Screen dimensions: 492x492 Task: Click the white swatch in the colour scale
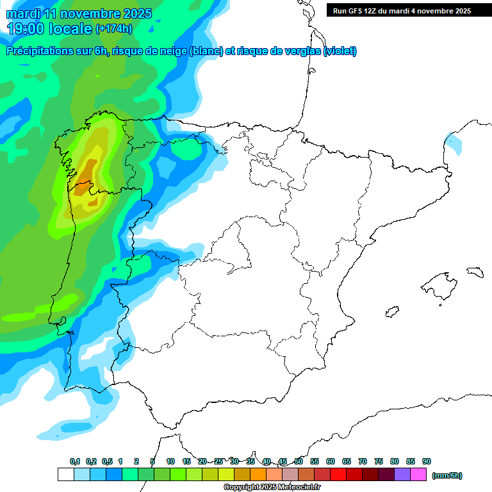[65, 474]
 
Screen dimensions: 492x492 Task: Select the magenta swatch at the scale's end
[418, 474]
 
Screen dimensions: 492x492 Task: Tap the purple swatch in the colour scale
[402, 474]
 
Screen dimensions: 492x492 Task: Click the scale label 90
[427, 461]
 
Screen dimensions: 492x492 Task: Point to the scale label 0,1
[75, 461]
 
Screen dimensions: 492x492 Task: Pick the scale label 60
[331, 461]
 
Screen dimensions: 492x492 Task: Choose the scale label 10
[170, 461]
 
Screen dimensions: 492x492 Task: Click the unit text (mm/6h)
[447, 475]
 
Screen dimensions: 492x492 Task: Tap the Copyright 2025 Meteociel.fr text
[272, 488]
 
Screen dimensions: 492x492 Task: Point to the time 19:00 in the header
[32, 28]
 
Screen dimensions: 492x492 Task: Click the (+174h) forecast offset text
[113, 29]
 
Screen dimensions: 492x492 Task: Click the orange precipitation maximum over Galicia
[88, 172]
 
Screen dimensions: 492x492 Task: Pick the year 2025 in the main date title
[136, 13]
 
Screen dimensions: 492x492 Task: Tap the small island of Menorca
[475, 272]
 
